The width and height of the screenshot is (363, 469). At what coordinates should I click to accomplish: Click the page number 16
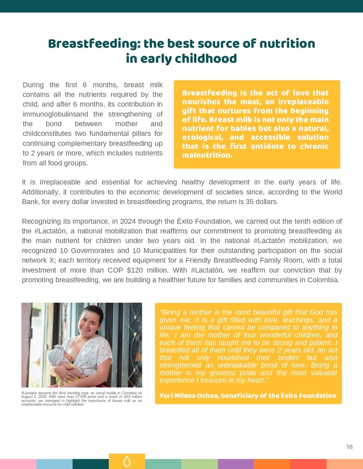[349, 447]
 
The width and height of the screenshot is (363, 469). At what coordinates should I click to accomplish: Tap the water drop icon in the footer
[127, 461]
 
